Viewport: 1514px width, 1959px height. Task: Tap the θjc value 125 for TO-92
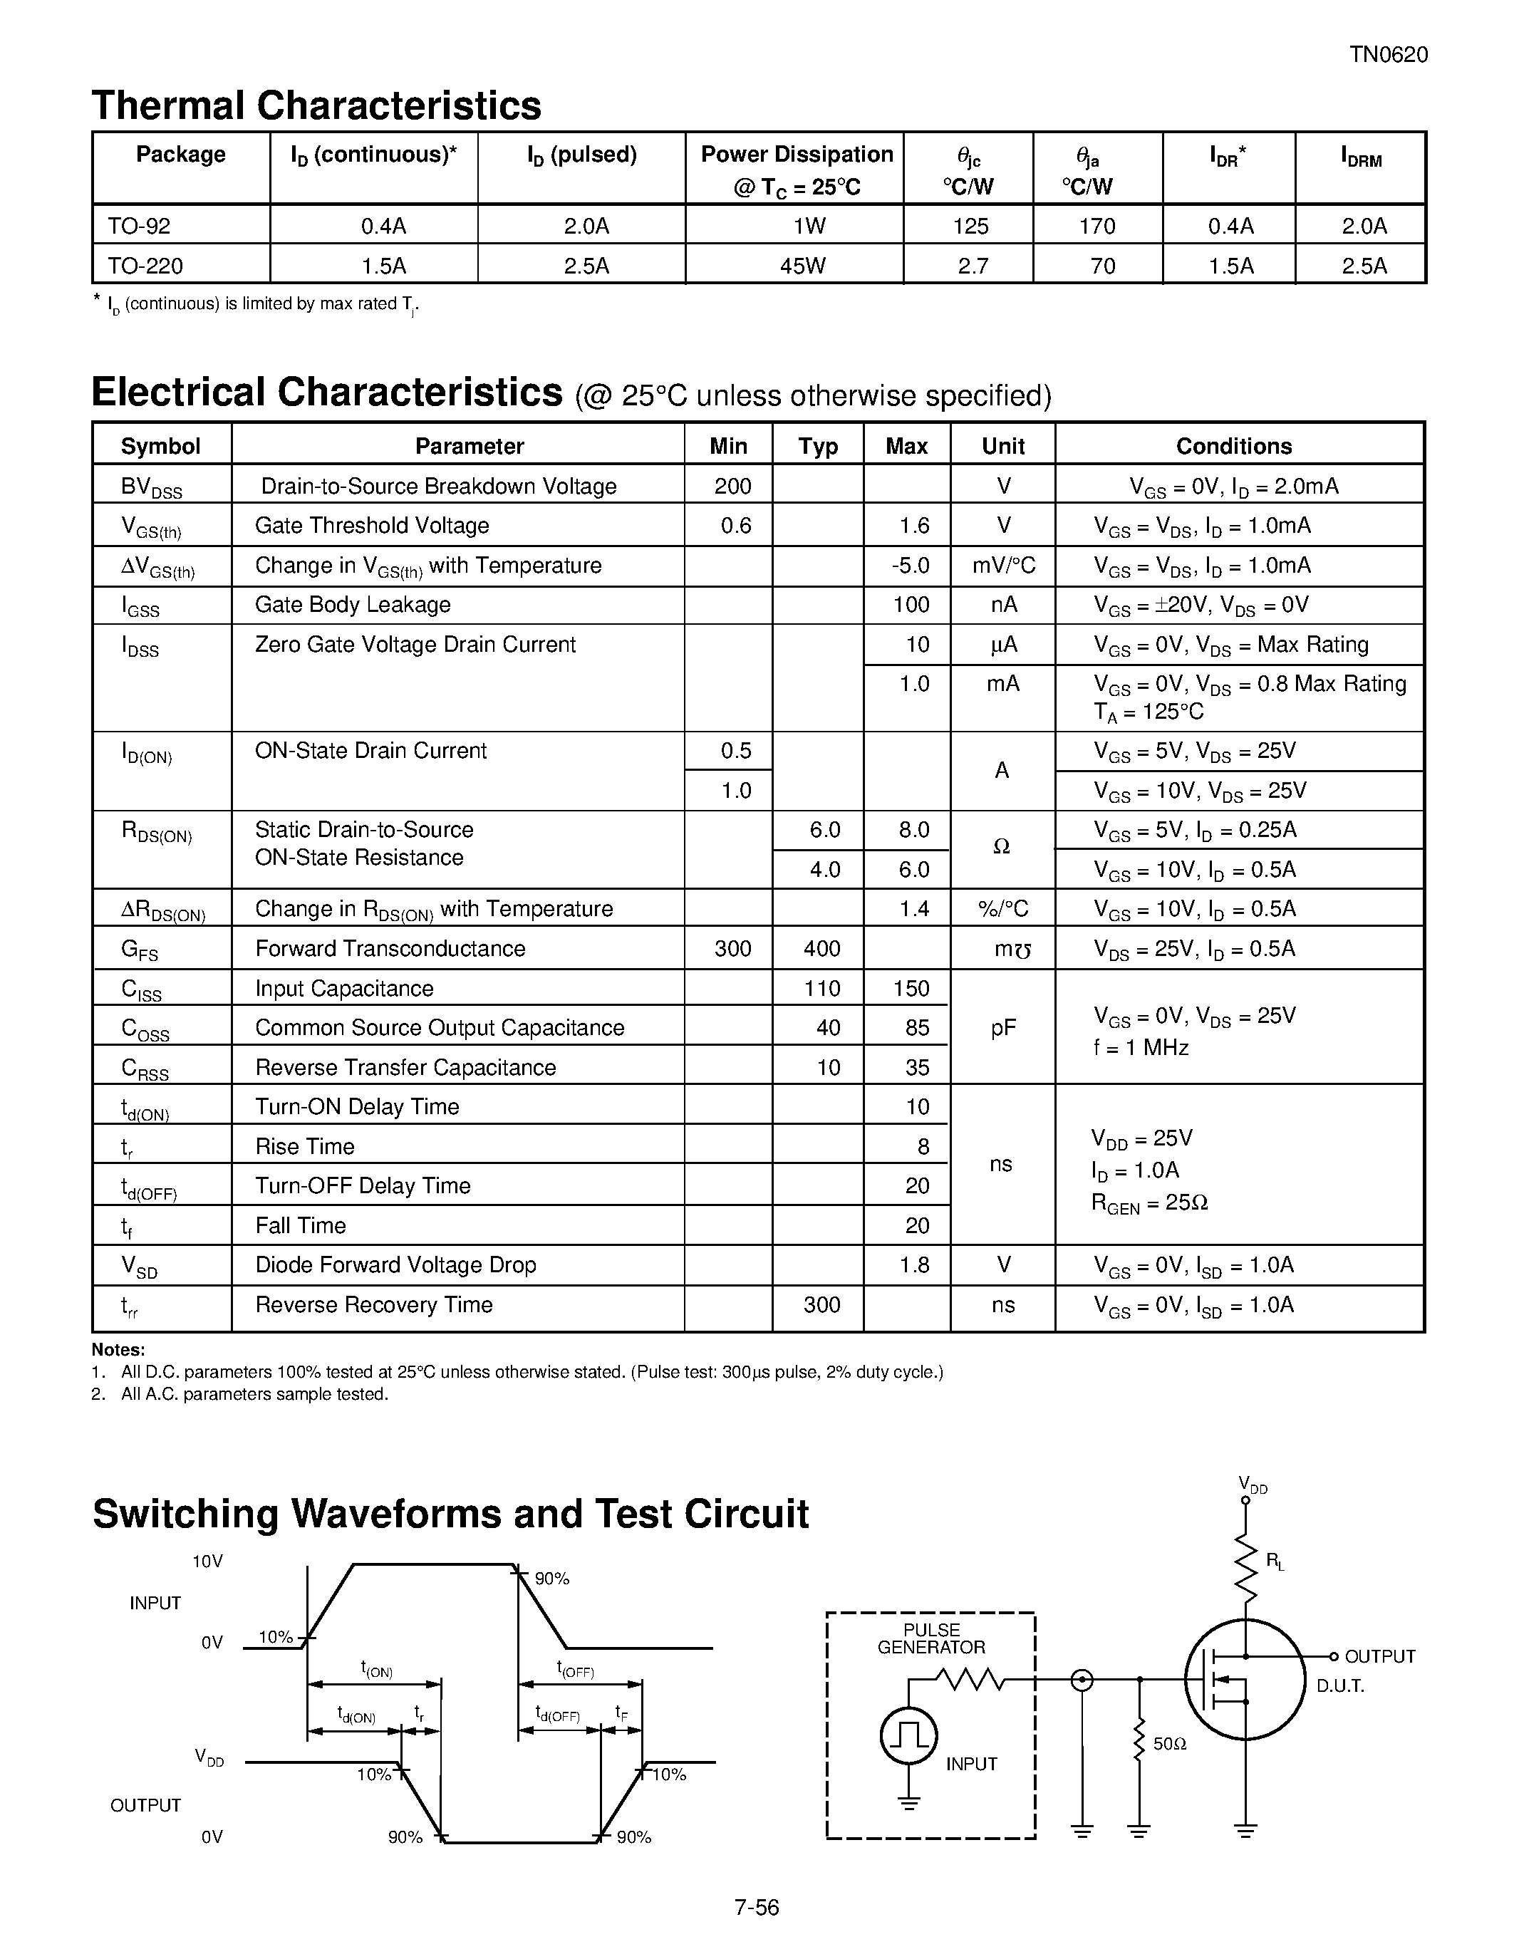click(970, 226)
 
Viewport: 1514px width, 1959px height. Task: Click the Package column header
click(180, 155)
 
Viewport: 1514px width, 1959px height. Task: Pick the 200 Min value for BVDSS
click(733, 486)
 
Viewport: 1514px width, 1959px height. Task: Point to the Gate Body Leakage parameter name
click(353, 605)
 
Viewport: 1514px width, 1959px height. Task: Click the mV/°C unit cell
click(1002, 565)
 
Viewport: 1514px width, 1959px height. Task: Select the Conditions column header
click(1233, 446)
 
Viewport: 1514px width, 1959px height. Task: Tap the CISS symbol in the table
click(142, 989)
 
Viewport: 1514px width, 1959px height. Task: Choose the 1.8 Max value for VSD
click(914, 1264)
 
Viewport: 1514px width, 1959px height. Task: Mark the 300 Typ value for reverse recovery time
click(821, 1304)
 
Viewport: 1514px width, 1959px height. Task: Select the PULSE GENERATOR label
click(931, 1638)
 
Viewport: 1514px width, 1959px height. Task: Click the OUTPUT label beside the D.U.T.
click(1379, 1656)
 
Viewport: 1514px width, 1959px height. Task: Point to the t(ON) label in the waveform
click(377, 1669)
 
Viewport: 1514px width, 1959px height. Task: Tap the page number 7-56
click(756, 1907)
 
